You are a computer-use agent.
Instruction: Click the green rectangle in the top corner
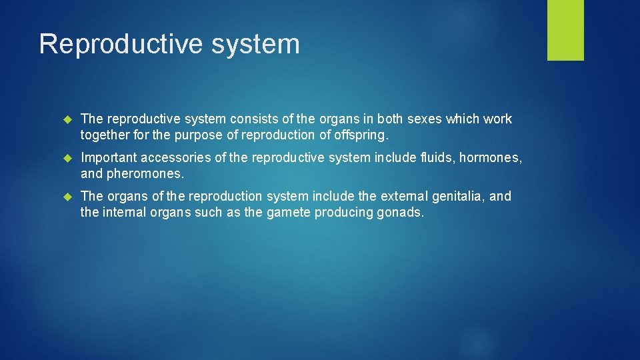pos(565,29)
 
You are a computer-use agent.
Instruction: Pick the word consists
pos(251,119)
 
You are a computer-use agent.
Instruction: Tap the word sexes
pos(415,119)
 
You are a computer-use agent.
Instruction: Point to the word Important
pos(108,158)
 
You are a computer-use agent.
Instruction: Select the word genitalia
pos(465,197)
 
